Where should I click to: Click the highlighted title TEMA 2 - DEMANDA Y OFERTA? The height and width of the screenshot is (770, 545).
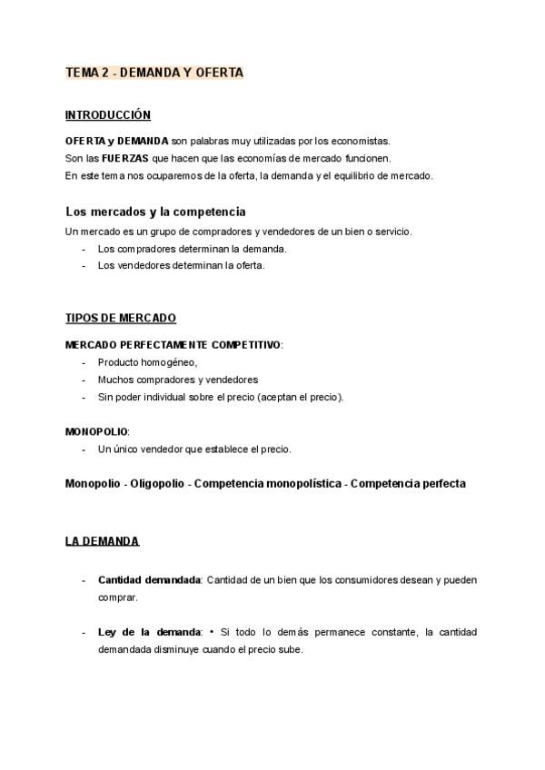(154, 73)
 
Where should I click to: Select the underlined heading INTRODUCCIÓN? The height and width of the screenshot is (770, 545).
(108, 115)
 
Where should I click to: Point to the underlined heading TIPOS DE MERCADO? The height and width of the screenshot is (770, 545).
(121, 319)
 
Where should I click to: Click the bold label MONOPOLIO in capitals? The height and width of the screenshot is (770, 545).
(97, 431)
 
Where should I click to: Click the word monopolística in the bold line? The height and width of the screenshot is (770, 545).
(301, 484)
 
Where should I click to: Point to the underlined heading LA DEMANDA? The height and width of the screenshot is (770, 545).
(103, 541)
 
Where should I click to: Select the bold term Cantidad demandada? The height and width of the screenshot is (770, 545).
(149, 579)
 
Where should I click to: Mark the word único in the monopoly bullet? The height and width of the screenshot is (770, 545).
(121, 449)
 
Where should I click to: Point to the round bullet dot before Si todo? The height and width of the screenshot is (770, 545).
(211, 632)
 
